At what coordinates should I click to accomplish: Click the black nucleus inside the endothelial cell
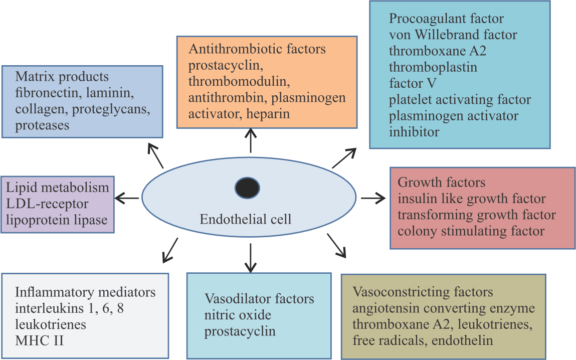coord(247,188)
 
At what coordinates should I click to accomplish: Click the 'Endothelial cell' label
coord(245,219)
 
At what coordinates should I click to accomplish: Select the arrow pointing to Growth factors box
coord(372,198)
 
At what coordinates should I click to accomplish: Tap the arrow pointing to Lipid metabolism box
coord(127,199)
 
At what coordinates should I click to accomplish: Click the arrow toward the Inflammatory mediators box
coord(170,250)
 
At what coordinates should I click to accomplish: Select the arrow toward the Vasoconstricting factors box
coord(336,245)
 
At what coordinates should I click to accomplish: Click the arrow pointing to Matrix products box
coord(156,155)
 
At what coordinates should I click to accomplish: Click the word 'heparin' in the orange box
coord(268,114)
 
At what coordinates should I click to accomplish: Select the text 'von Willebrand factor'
coord(453,35)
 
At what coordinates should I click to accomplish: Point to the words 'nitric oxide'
coord(238,315)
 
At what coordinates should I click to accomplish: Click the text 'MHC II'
coord(39,340)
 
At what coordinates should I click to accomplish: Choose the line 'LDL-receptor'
coord(48,204)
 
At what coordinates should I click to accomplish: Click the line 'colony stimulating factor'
coord(471,231)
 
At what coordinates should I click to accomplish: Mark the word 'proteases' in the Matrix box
coord(42,125)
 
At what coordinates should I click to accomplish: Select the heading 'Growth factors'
coord(441,182)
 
